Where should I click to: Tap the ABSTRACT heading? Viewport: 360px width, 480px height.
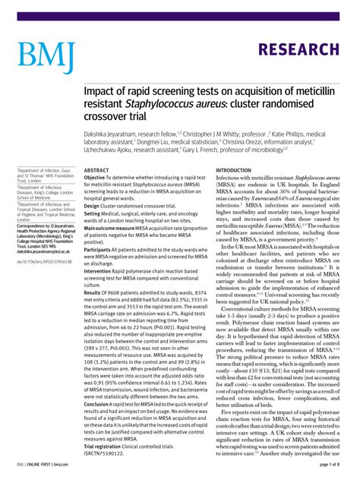[x=96, y=171]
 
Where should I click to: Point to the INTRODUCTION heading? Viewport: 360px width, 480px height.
[x=239, y=171]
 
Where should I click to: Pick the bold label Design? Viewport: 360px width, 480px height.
[x=93, y=207]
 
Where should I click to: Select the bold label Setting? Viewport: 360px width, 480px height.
[x=93, y=213]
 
